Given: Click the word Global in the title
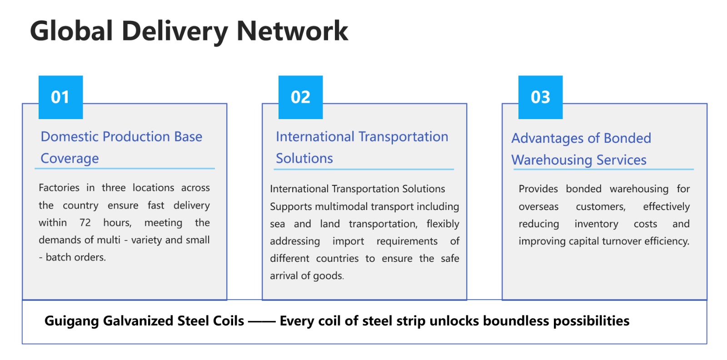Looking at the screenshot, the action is pyautogui.click(x=71, y=31).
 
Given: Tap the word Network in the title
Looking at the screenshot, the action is pyautogui.click(x=293, y=31).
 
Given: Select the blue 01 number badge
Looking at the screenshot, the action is pyautogui.click(x=61, y=97).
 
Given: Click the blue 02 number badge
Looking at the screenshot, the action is pyautogui.click(x=300, y=97).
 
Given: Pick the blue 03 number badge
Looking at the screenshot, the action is pyautogui.click(x=540, y=97).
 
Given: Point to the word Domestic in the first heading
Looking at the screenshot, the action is pyautogui.click(x=70, y=137).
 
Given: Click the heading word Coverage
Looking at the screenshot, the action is pyautogui.click(x=70, y=159).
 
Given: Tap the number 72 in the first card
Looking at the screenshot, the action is pyautogui.click(x=85, y=223).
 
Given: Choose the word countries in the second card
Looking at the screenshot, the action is pyautogui.click(x=337, y=258).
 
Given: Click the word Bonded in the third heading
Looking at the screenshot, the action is pyautogui.click(x=627, y=138).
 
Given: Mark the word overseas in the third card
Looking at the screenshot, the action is pyautogui.click(x=538, y=207).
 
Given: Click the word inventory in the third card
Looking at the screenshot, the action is pyautogui.click(x=596, y=224).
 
